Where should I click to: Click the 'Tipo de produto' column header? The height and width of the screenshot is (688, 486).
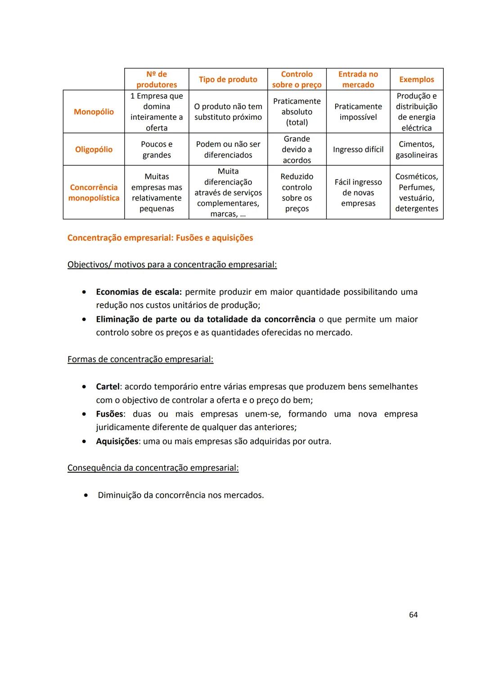(x=228, y=79)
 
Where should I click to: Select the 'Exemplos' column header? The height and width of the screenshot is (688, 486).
(x=416, y=79)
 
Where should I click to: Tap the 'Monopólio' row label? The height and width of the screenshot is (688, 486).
(x=94, y=112)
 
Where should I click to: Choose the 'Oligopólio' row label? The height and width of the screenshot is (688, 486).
(x=94, y=150)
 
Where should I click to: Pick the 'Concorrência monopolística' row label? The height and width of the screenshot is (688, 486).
(x=94, y=192)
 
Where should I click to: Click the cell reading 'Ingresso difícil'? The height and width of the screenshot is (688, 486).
(x=358, y=150)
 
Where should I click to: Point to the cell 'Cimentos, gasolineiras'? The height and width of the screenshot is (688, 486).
(x=416, y=150)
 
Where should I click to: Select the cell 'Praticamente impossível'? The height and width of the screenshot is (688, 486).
(x=358, y=112)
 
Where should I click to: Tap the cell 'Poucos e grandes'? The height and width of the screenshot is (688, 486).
(x=157, y=150)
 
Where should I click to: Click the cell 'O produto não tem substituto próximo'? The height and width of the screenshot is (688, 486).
(x=228, y=112)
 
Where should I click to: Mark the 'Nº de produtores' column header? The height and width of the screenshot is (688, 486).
(x=157, y=79)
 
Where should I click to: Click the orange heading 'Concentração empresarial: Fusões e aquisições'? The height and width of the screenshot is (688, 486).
(x=160, y=238)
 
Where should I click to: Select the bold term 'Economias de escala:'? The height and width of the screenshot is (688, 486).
(x=139, y=292)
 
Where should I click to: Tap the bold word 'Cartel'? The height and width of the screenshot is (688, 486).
(x=108, y=387)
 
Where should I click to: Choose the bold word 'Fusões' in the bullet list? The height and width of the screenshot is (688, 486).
(x=109, y=414)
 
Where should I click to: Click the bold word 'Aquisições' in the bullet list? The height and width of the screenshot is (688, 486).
(x=117, y=441)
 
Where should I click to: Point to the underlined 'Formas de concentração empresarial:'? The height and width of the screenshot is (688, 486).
(x=140, y=360)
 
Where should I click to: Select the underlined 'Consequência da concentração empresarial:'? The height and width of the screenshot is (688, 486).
(x=153, y=468)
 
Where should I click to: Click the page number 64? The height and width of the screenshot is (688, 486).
(x=413, y=615)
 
